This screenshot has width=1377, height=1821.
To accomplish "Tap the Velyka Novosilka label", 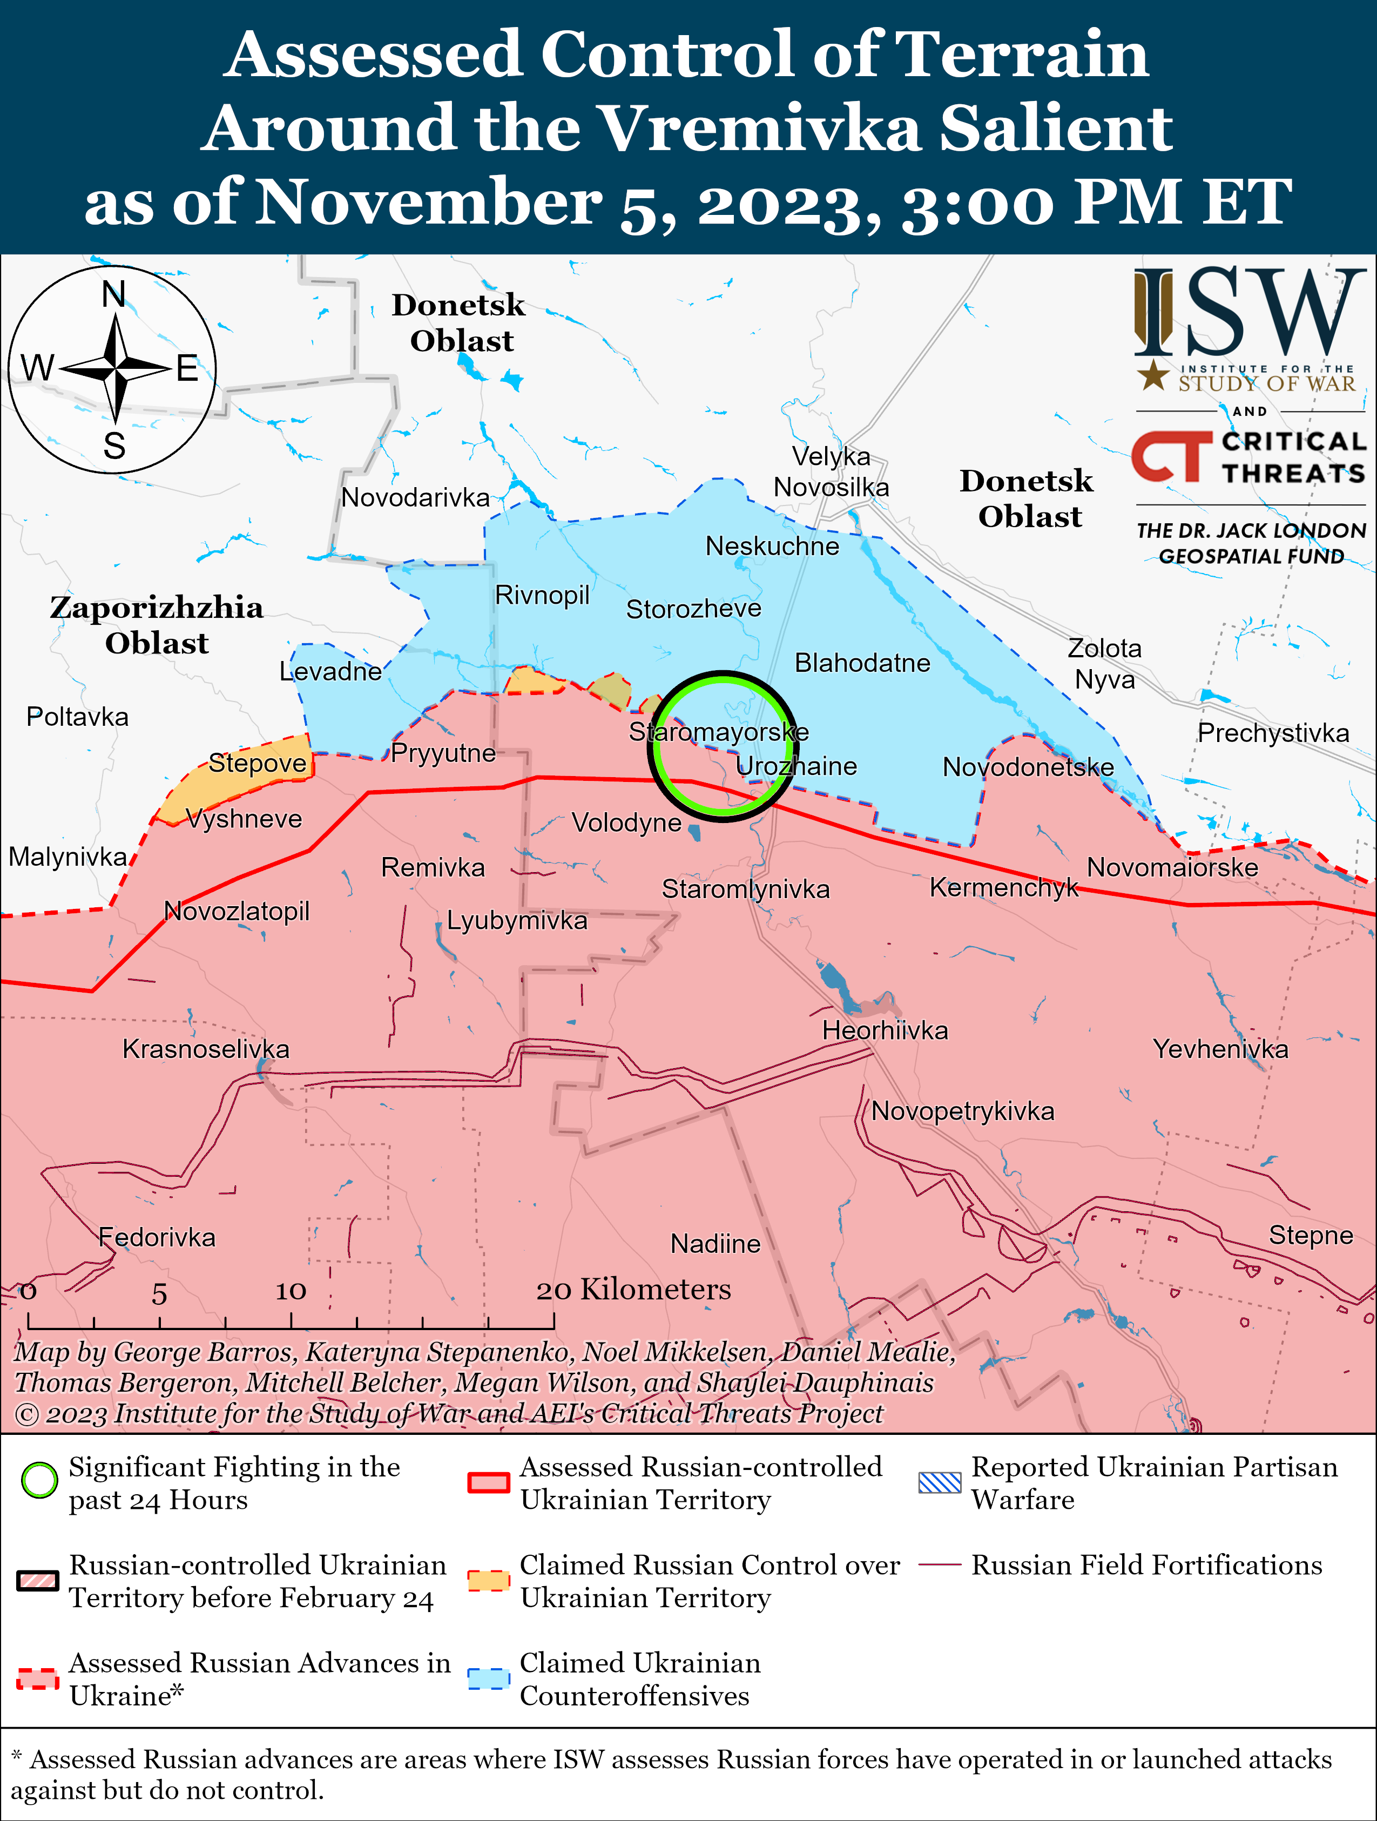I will [831, 471].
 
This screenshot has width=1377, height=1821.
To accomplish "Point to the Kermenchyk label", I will [1003, 887].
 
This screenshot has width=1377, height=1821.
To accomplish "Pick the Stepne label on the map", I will [1311, 1235].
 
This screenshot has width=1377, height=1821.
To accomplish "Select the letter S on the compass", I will [114, 446].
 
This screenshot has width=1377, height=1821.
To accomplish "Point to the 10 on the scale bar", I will [291, 1291].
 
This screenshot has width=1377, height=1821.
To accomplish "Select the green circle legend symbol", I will [39, 1480].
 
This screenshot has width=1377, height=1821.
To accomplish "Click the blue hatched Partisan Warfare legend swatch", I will [939, 1482].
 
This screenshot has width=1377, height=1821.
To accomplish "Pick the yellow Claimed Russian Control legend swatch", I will [488, 1581].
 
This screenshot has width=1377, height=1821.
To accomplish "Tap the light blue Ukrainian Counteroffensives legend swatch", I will [488, 1678].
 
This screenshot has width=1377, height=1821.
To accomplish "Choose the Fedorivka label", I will [157, 1237].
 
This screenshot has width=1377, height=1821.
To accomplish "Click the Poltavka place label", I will [77, 717].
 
